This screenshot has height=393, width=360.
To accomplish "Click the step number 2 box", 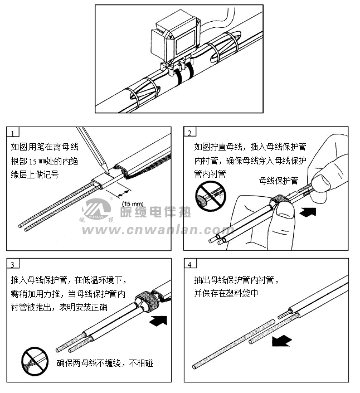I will tap(190, 133).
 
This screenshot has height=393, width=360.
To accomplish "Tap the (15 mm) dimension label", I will tap(133, 203).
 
